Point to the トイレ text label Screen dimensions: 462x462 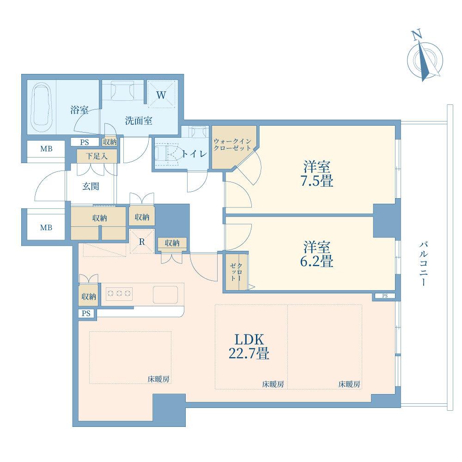click(194, 154)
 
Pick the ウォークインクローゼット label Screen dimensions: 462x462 click(233, 145)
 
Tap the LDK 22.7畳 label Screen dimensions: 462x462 click(249, 346)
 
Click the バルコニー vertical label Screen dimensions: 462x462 click(423, 263)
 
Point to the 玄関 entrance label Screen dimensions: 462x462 click(91, 187)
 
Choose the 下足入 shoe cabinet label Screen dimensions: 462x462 click(97, 156)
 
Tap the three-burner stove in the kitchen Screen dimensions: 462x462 click(119, 293)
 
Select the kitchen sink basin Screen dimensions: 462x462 click(166, 293)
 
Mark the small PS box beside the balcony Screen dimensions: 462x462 click(385, 296)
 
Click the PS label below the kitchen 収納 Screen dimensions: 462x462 click(86, 314)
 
